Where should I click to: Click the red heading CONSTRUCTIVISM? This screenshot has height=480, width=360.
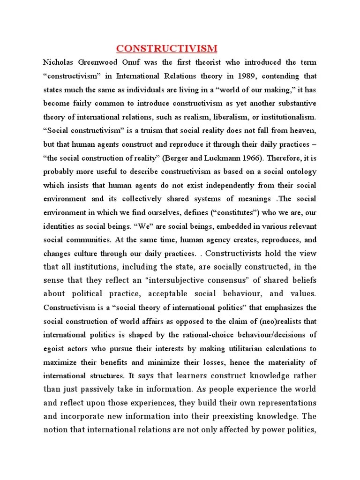click(166, 49)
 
